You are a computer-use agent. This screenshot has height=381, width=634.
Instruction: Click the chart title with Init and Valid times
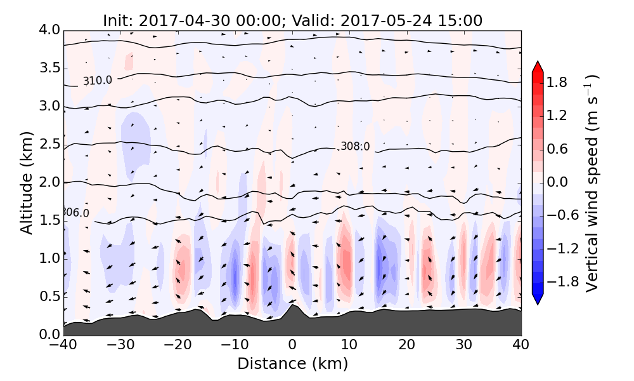292,21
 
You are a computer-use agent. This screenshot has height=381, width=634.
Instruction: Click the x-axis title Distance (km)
292,364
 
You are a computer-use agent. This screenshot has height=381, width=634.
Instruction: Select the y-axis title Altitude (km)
26,182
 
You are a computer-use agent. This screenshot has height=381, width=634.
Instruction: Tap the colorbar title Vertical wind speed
592,183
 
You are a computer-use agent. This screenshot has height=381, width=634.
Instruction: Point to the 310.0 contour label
97,81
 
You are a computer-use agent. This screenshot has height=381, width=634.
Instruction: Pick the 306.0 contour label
75,213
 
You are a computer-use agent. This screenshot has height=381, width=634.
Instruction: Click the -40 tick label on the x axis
63,345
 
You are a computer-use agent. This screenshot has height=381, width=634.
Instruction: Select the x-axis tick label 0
292,345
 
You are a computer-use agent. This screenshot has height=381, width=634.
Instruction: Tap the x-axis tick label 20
407,345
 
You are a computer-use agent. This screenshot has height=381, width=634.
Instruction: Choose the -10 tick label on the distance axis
235,345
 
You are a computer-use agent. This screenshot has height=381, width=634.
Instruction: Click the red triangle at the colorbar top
538,66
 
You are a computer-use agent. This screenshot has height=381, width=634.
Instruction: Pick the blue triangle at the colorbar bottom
538,300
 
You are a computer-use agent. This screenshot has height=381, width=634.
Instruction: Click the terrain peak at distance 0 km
292,307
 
